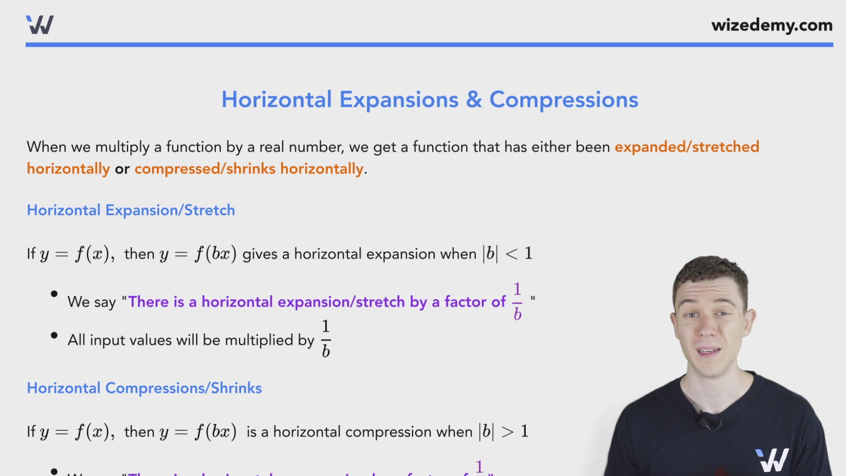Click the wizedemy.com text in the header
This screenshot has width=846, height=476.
coord(772,25)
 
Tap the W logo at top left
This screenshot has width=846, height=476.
coord(40,25)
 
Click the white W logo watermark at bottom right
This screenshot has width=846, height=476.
coord(772,460)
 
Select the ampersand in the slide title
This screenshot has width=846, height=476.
coord(474,100)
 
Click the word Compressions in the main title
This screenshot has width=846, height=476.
coord(564,100)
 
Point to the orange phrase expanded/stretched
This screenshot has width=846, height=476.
coord(686,147)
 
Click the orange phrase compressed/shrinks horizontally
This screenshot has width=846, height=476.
coord(249,169)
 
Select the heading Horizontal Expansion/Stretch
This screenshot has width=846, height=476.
coord(131,210)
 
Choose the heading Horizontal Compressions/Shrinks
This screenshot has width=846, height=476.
coord(144,388)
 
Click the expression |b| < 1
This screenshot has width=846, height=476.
coord(508,254)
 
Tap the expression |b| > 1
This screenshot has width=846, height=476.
coord(504,431)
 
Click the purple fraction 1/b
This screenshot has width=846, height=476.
coord(517,301)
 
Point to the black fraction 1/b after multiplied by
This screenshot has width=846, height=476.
coord(326,339)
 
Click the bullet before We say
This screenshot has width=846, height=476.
coord(54,294)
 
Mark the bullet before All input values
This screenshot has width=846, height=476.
coord(54,336)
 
